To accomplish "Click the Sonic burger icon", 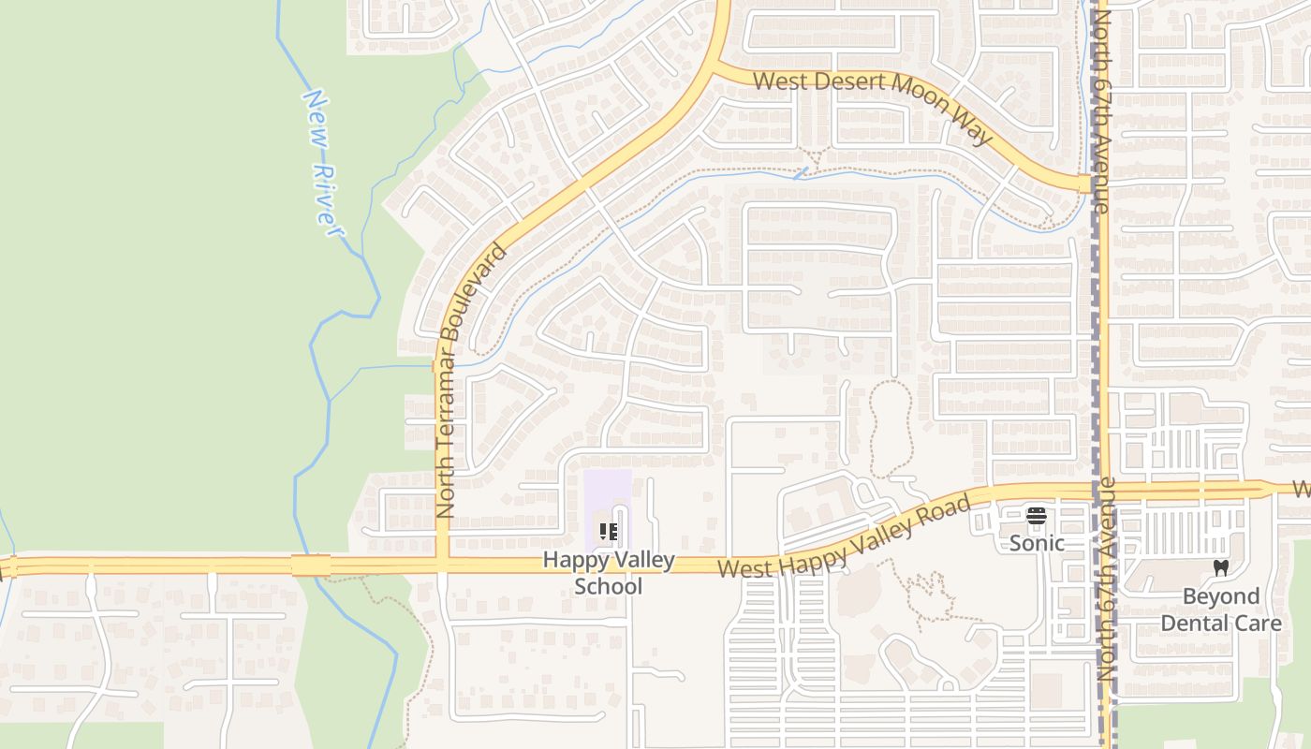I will pos(1036,516).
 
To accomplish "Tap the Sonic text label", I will pos(1037,543).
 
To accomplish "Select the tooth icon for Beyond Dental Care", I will pos(1220,567).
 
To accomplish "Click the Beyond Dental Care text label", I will pos(1220,609).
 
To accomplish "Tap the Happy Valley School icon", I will pos(609,532).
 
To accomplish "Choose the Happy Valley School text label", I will pos(609,573).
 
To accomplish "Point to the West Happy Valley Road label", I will pos(843,539).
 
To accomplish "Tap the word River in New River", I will pos(326,199).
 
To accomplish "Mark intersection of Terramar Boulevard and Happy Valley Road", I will pos(443,565).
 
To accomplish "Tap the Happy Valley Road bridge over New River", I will pos(311,565).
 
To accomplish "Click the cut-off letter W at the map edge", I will pos(1302,489).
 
